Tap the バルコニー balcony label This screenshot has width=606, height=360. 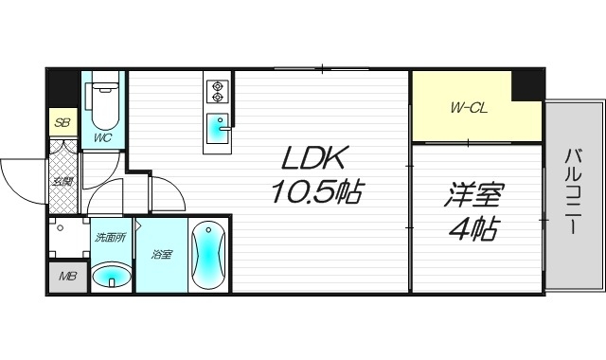[x=574, y=195]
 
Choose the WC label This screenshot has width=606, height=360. [x=102, y=138]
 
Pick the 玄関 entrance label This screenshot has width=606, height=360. [x=63, y=180]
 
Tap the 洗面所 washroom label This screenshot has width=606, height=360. [x=111, y=237]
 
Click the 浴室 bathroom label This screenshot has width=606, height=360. [x=161, y=255]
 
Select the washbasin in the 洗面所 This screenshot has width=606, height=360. [x=113, y=278]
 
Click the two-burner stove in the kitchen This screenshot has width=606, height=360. [x=218, y=90]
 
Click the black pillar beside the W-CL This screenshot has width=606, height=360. [x=526, y=84]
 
